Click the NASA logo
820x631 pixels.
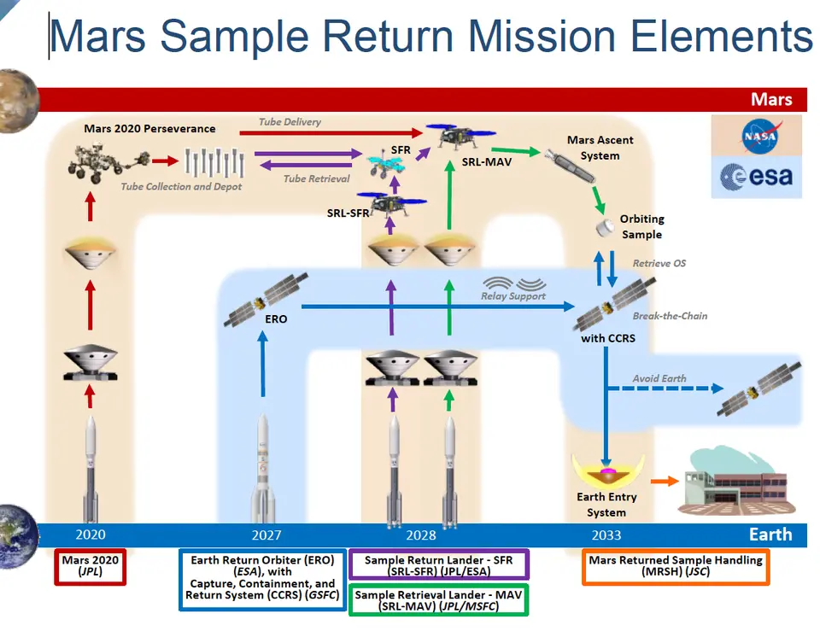[756, 135]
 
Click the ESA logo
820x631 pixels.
[756, 176]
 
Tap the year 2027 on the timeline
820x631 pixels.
[266, 535]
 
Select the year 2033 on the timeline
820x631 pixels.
[606, 535]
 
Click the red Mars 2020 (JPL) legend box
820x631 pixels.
[91, 567]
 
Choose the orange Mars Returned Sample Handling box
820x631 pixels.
[676, 567]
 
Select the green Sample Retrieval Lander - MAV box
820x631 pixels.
[439, 599]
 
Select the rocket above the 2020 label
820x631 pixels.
[90, 465]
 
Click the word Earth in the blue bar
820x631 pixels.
[770, 535]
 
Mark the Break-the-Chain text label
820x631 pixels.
[670, 316]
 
